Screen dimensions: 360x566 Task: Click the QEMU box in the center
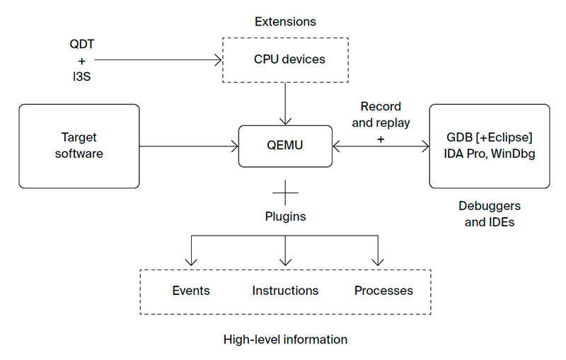pos(284,146)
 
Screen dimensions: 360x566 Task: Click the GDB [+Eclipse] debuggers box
pos(489,145)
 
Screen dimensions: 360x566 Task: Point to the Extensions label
pos(285,21)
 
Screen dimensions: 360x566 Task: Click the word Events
pos(191,291)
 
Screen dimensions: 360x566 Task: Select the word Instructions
pos(285,291)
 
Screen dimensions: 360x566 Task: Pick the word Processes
pos(383,291)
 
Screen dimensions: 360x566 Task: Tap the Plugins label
pos(285,216)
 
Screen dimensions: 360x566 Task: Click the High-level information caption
pos(285,339)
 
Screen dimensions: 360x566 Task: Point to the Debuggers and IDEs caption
pos(489,214)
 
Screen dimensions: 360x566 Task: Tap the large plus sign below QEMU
pos(285,192)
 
